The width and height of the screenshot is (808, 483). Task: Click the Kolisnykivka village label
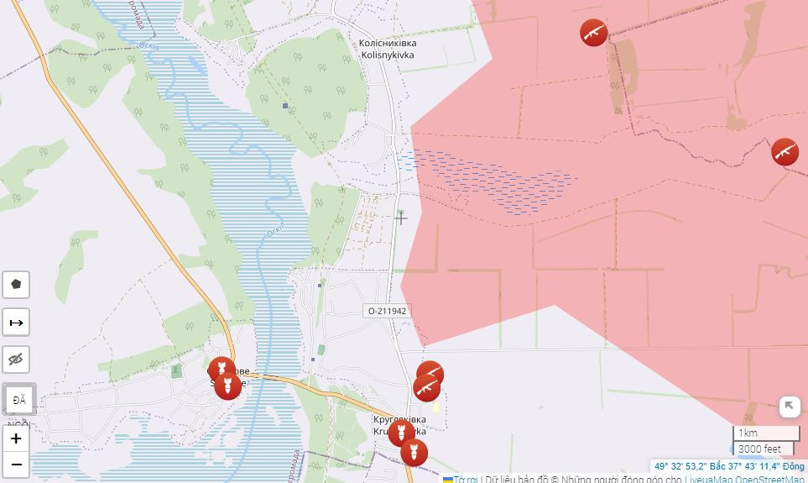pyautogui.click(x=387, y=49)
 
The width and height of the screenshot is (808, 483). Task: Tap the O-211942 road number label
pyautogui.click(x=387, y=311)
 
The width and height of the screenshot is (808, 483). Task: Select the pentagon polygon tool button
pyautogui.click(x=16, y=285)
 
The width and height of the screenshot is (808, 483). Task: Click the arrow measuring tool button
pyautogui.click(x=16, y=323)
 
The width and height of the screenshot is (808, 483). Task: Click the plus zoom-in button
pyautogui.click(x=16, y=438)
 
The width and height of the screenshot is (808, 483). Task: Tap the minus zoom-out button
pyautogui.click(x=16, y=465)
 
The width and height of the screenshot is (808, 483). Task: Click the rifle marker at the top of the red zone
pyautogui.click(x=593, y=33)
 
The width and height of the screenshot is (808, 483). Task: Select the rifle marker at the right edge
pyautogui.click(x=785, y=152)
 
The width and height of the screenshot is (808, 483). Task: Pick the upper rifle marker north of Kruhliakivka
pyautogui.click(x=430, y=374)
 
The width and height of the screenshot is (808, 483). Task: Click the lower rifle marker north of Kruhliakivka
pyautogui.click(x=426, y=388)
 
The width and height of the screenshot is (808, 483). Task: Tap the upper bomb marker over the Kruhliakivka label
pyautogui.click(x=400, y=433)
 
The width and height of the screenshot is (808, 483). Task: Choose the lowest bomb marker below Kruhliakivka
pyautogui.click(x=414, y=453)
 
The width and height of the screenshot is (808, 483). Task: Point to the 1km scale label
pyautogui.click(x=748, y=433)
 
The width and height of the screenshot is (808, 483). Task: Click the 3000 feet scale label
pyautogui.click(x=759, y=449)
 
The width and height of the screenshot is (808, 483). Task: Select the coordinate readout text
pyautogui.click(x=728, y=466)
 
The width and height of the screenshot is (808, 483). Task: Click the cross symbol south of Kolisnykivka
pyautogui.click(x=401, y=218)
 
